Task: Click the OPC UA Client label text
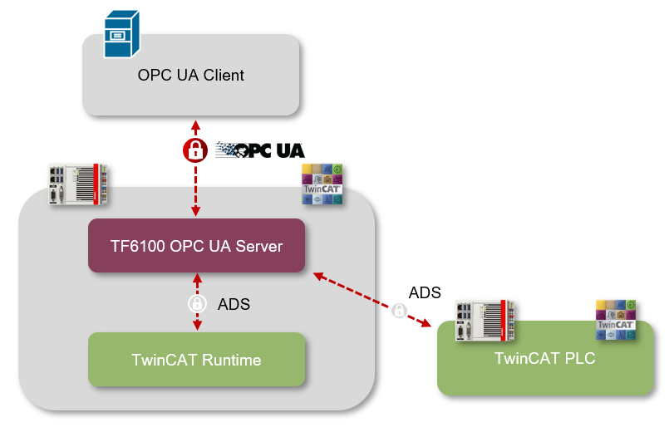point(191,76)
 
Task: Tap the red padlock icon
point(195,150)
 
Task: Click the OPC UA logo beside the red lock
point(260,150)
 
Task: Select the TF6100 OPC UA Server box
point(196,246)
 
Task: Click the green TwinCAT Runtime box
point(196,360)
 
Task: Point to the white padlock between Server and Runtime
point(196,303)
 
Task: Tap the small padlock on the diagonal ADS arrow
point(399,311)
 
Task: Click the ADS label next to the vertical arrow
point(234,304)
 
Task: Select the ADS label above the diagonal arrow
point(425,292)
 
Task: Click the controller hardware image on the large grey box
point(80,184)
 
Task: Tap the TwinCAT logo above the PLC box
point(617,320)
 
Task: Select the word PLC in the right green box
point(580,359)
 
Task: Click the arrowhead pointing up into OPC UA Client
point(195,125)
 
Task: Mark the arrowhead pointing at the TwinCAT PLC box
point(432,326)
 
